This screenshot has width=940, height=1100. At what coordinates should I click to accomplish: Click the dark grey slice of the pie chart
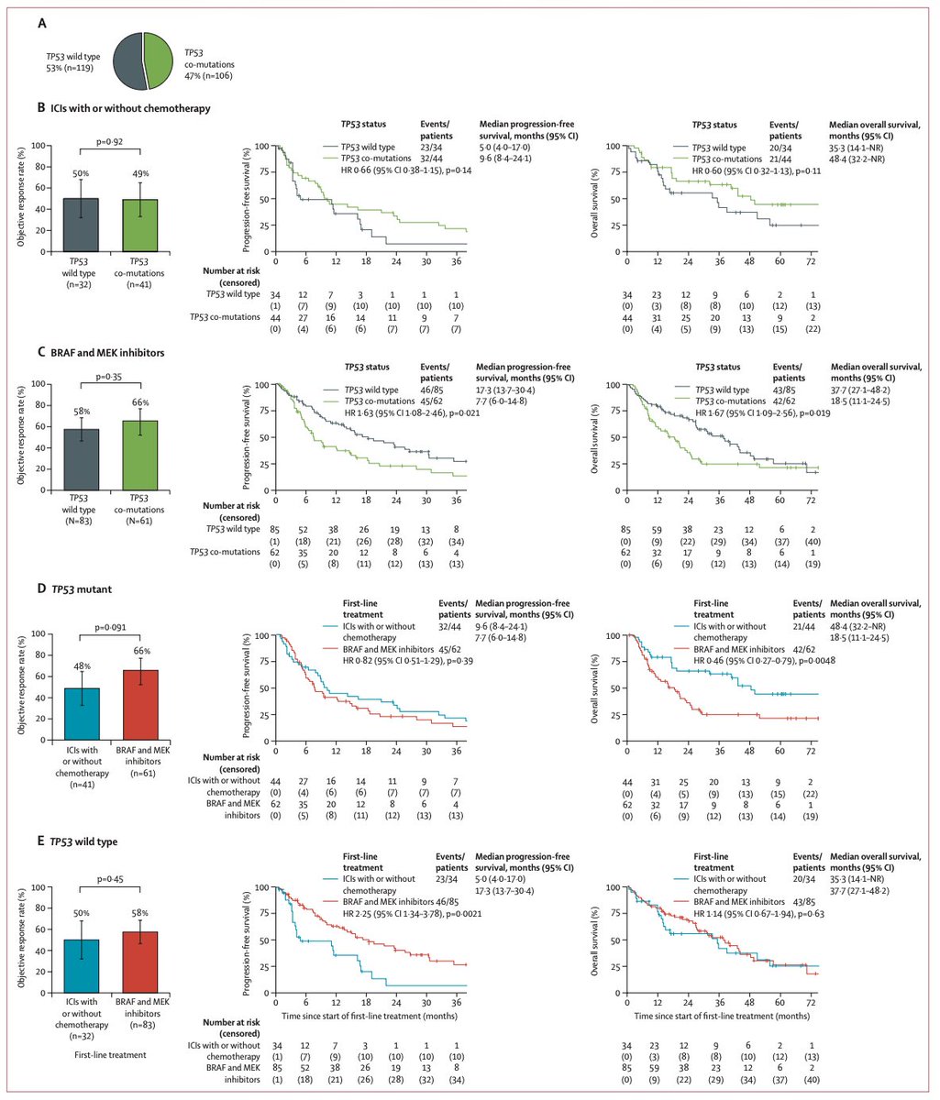128,61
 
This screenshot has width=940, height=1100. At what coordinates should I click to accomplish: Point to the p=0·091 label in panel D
115,627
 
